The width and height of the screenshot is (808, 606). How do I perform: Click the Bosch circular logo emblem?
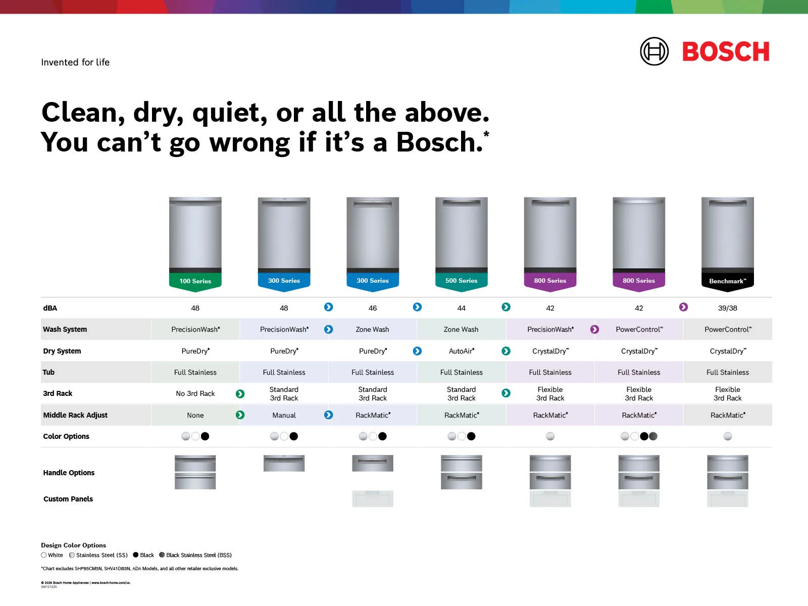tap(654, 52)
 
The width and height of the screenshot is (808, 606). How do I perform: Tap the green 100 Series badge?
tap(195, 281)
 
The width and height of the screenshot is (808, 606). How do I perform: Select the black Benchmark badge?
tap(727, 281)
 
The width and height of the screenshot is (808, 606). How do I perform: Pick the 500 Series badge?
tap(461, 281)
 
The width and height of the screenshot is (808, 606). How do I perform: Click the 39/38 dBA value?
tap(727, 308)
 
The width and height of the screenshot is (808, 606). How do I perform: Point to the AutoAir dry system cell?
tap(461, 351)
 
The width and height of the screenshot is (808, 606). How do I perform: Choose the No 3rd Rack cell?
tap(195, 393)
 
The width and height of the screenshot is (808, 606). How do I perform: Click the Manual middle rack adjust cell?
tap(284, 415)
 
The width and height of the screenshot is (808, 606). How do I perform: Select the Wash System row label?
tap(65, 329)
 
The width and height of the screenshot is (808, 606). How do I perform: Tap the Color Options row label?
tap(66, 436)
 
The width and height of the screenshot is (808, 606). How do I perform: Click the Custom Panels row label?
tap(68, 499)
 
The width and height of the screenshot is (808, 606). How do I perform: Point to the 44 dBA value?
tap(461, 308)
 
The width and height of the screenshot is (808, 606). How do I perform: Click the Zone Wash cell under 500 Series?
tap(461, 329)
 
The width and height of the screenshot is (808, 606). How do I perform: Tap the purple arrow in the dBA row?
tap(683, 307)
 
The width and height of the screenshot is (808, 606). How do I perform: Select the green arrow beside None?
tap(240, 415)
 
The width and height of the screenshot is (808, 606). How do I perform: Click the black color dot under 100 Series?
tap(205, 436)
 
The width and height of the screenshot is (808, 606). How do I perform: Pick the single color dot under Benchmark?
tap(727, 436)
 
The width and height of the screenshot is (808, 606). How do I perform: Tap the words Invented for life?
tap(75, 62)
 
